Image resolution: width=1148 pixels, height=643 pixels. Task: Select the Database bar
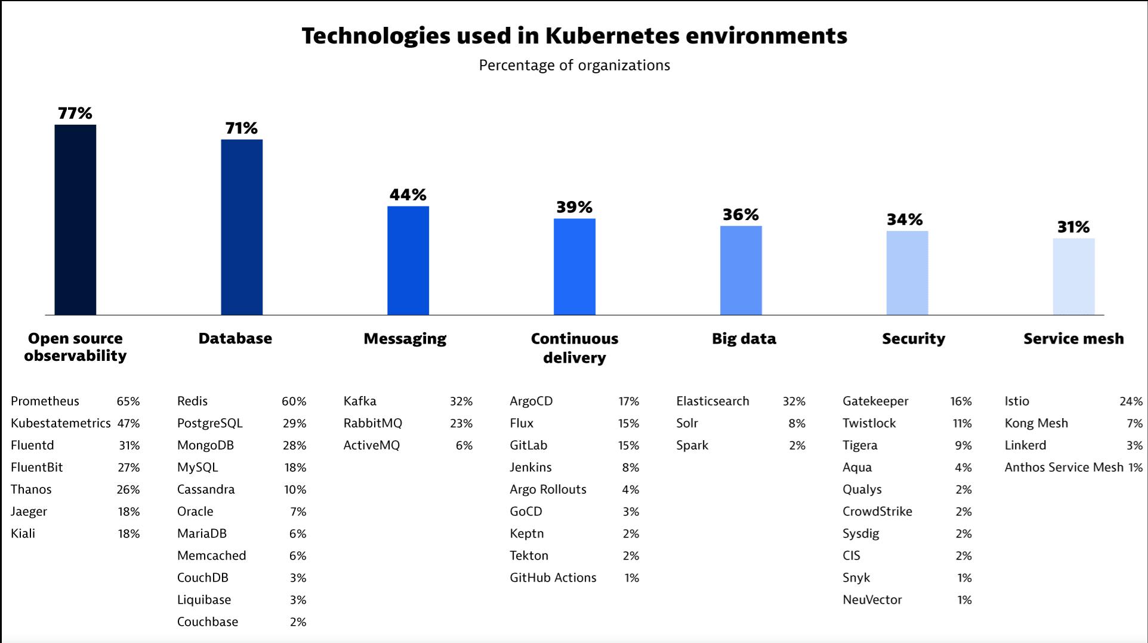pyautogui.click(x=242, y=227)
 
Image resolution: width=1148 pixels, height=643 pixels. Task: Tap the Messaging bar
pyautogui.click(x=408, y=260)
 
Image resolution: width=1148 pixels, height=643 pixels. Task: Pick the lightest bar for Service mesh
pyautogui.click(x=1073, y=276)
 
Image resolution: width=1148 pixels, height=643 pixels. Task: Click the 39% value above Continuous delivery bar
pyautogui.click(x=574, y=207)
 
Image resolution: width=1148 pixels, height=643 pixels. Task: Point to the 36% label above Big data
pyautogui.click(x=740, y=215)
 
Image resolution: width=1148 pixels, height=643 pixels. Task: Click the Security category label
pyautogui.click(x=914, y=339)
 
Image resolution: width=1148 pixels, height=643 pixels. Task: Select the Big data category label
pyautogui.click(x=743, y=339)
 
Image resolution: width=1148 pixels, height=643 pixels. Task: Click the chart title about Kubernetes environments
pyautogui.click(x=574, y=36)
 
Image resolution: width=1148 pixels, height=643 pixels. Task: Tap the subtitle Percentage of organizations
pyautogui.click(x=574, y=65)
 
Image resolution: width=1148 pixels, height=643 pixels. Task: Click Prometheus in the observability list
pyautogui.click(x=45, y=401)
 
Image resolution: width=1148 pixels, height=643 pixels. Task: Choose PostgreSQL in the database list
pyautogui.click(x=209, y=423)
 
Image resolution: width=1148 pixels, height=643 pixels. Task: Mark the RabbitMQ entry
pyautogui.click(x=372, y=423)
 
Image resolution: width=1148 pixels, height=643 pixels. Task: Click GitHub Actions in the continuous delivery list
pyautogui.click(x=553, y=578)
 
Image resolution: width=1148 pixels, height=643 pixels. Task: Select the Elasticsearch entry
pyautogui.click(x=712, y=401)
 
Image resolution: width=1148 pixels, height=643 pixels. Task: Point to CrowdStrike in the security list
pyautogui.click(x=877, y=512)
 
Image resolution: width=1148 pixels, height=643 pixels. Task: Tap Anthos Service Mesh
pyautogui.click(x=1063, y=468)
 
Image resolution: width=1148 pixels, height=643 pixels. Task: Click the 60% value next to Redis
pyautogui.click(x=294, y=401)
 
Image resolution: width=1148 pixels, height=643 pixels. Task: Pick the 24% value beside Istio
pyautogui.click(x=1131, y=401)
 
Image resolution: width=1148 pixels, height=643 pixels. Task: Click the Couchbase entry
pyautogui.click(x=207, y=622)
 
